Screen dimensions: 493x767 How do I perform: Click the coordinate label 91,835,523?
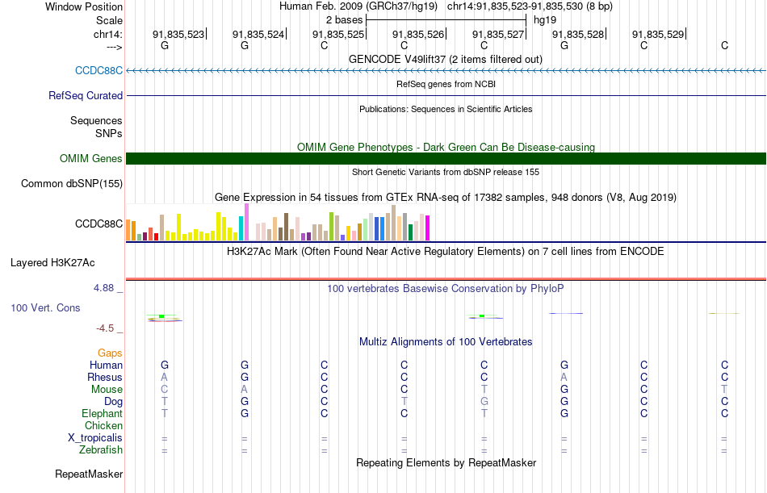(x=178, y=35)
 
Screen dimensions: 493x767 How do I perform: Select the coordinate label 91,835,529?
(x=658, y=35)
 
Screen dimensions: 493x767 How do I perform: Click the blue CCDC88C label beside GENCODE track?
(x=98, y=70)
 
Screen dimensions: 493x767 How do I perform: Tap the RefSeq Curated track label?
(x=86, y=95)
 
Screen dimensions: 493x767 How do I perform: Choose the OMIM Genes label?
(x=90, y=159)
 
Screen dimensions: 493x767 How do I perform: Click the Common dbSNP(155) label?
(x=71, y=184)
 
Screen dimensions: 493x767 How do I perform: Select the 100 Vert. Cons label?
(x=45, y=308)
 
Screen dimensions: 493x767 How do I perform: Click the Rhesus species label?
(x=105, y=377)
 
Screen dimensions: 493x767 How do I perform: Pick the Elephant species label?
(x=102, y=413)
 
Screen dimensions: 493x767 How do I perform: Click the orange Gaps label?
(x=110, y=353)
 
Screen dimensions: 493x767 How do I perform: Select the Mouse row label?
(x=107, y=389)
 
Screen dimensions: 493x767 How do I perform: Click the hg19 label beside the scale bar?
(x=545, y=19)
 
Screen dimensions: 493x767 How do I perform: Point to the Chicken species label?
(x=103, y=425)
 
